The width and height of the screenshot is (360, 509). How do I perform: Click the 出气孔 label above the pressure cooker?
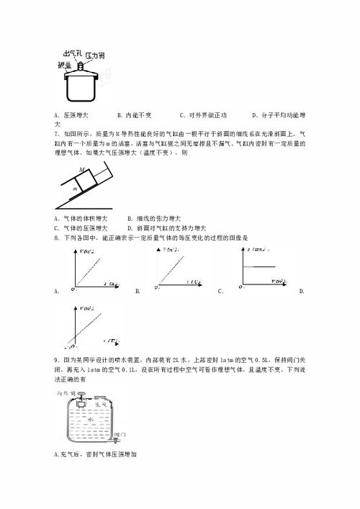(73, 54)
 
